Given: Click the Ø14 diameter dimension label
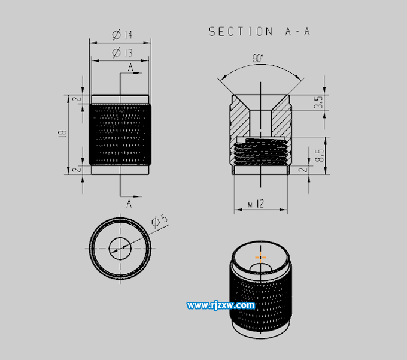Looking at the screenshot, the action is click(122, 35).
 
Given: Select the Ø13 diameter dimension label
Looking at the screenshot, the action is click(122, 53).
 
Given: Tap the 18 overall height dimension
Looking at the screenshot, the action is click(62, 133).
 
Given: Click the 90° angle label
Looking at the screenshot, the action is click(258, 58).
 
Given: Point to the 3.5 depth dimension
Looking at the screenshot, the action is click(318, 102).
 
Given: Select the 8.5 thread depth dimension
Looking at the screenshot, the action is click(320, 155).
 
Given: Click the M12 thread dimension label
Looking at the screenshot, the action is click(256, 204).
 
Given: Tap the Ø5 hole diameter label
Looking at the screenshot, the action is click(160, 221).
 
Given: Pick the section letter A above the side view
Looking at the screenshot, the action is click(130, 68).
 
